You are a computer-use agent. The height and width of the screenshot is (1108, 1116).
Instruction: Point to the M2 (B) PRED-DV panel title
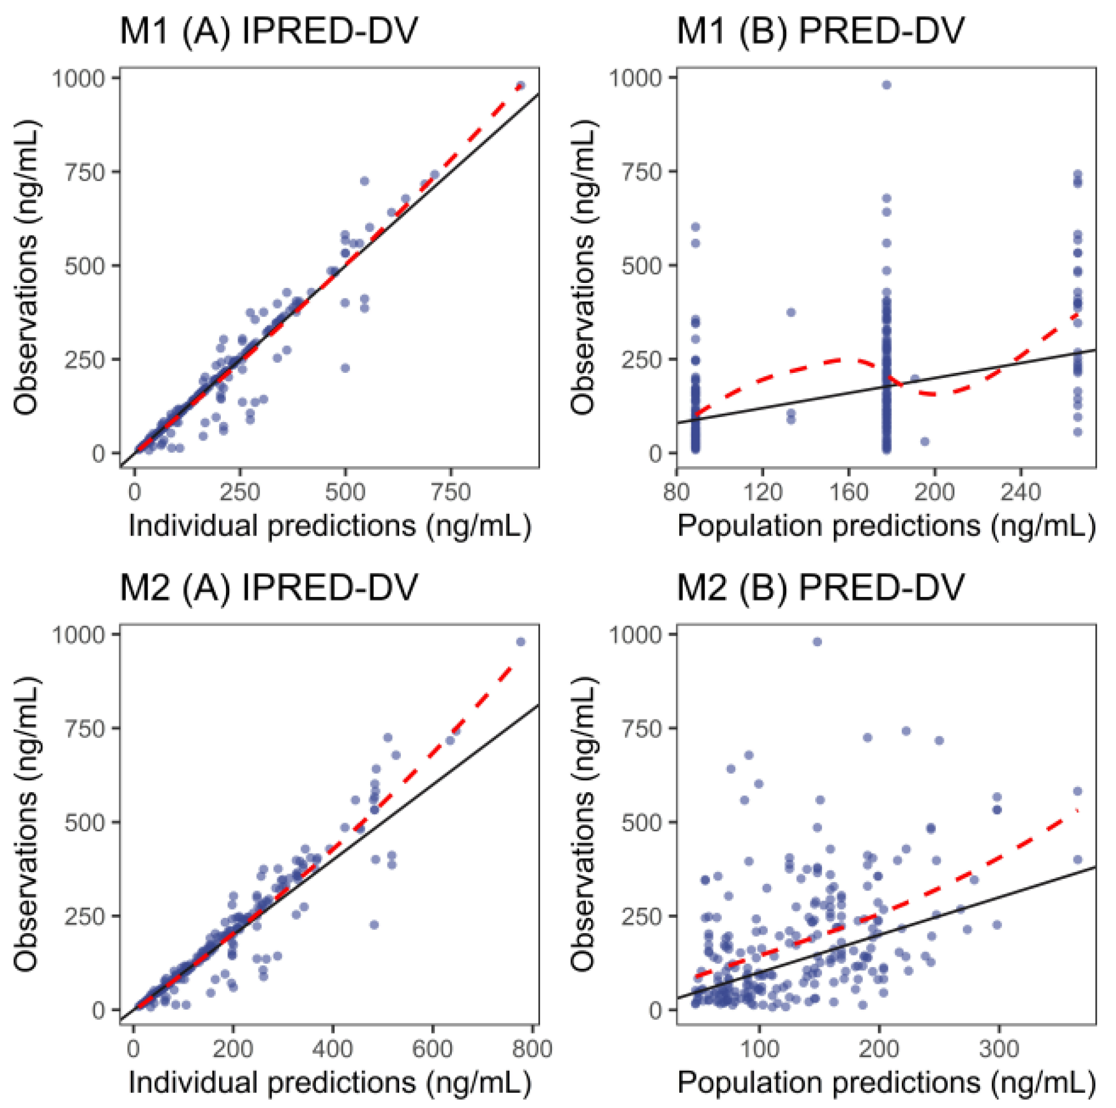click(820, 588)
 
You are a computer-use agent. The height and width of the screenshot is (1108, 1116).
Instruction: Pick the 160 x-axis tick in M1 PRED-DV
click(849, 492)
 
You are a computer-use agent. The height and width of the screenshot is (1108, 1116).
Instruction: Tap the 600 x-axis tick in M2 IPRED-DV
click(432, 1049)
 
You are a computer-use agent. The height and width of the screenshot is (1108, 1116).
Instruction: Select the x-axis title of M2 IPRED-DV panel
click(329, 1082)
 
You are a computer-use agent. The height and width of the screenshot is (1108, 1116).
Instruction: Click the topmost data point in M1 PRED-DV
click(886, 85)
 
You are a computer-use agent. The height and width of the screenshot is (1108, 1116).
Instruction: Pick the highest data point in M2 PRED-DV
click(817, 642)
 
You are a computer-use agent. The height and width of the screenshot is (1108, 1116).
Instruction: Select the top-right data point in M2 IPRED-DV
click(521, 642)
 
